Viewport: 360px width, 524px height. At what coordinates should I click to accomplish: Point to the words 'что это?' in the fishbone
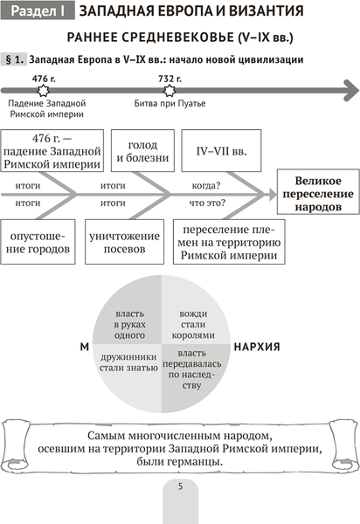point(204,202)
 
